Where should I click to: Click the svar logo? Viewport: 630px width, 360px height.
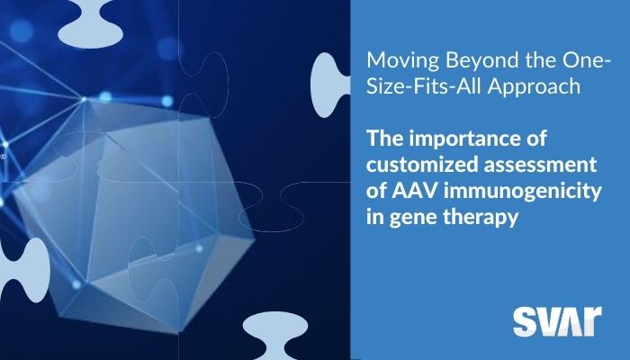tap(557, 321)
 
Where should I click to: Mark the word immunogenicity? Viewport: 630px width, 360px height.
tap(522, 192)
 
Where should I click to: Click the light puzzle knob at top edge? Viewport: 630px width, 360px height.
tap(91, 24)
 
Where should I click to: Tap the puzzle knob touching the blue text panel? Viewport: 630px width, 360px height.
tap(330, 85)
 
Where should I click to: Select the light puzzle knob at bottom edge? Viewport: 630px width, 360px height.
tap(275, 336)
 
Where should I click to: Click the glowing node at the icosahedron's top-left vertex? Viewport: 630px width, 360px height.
tap(84, 99)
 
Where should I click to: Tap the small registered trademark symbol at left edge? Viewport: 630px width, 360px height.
tap(3, 157)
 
